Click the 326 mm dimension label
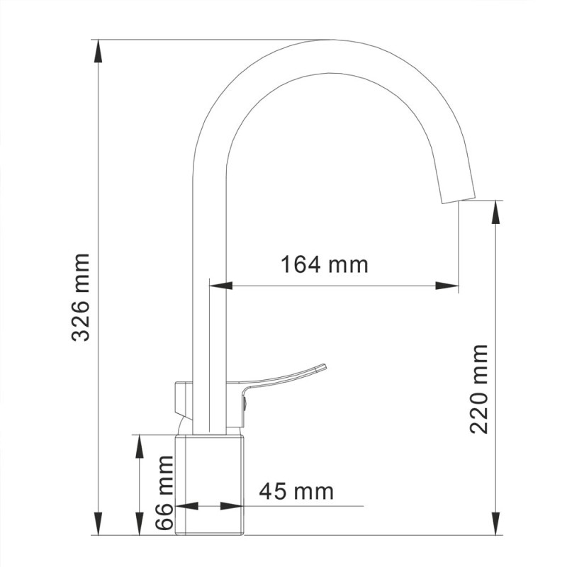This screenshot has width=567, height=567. pos(82,296)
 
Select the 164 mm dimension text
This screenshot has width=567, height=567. pos(325,265)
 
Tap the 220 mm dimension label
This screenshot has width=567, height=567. pos(480,388)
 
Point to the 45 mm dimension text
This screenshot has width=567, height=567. pos(296,490)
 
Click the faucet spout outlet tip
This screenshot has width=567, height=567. pos(459,196)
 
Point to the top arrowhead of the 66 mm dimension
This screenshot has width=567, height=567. pos(140,444)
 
